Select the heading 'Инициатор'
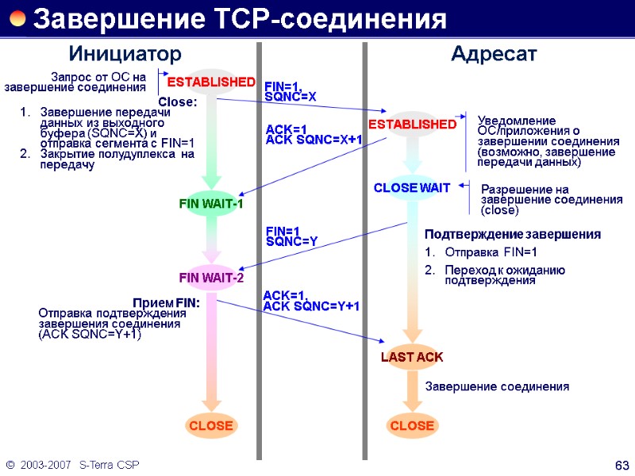(x=125, y=54)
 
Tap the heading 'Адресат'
(x=494, y=54)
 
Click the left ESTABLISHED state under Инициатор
(x=210, y=83)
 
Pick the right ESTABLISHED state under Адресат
(x=412, y=125)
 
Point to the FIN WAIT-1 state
(x=210, y=205)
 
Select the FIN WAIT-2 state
(x=210, y=278)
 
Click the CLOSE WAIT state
(x=412, y=188)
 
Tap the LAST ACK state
(x=412, y=357)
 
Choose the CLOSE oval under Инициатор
(x=210, y=426)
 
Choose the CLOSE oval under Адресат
(x=412, y=426)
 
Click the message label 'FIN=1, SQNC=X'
(x=291, y=90)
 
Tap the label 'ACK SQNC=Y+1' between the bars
(x=311, y=306)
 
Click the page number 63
(x=622, y=463)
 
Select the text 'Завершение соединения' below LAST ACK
(x=498, y=387)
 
